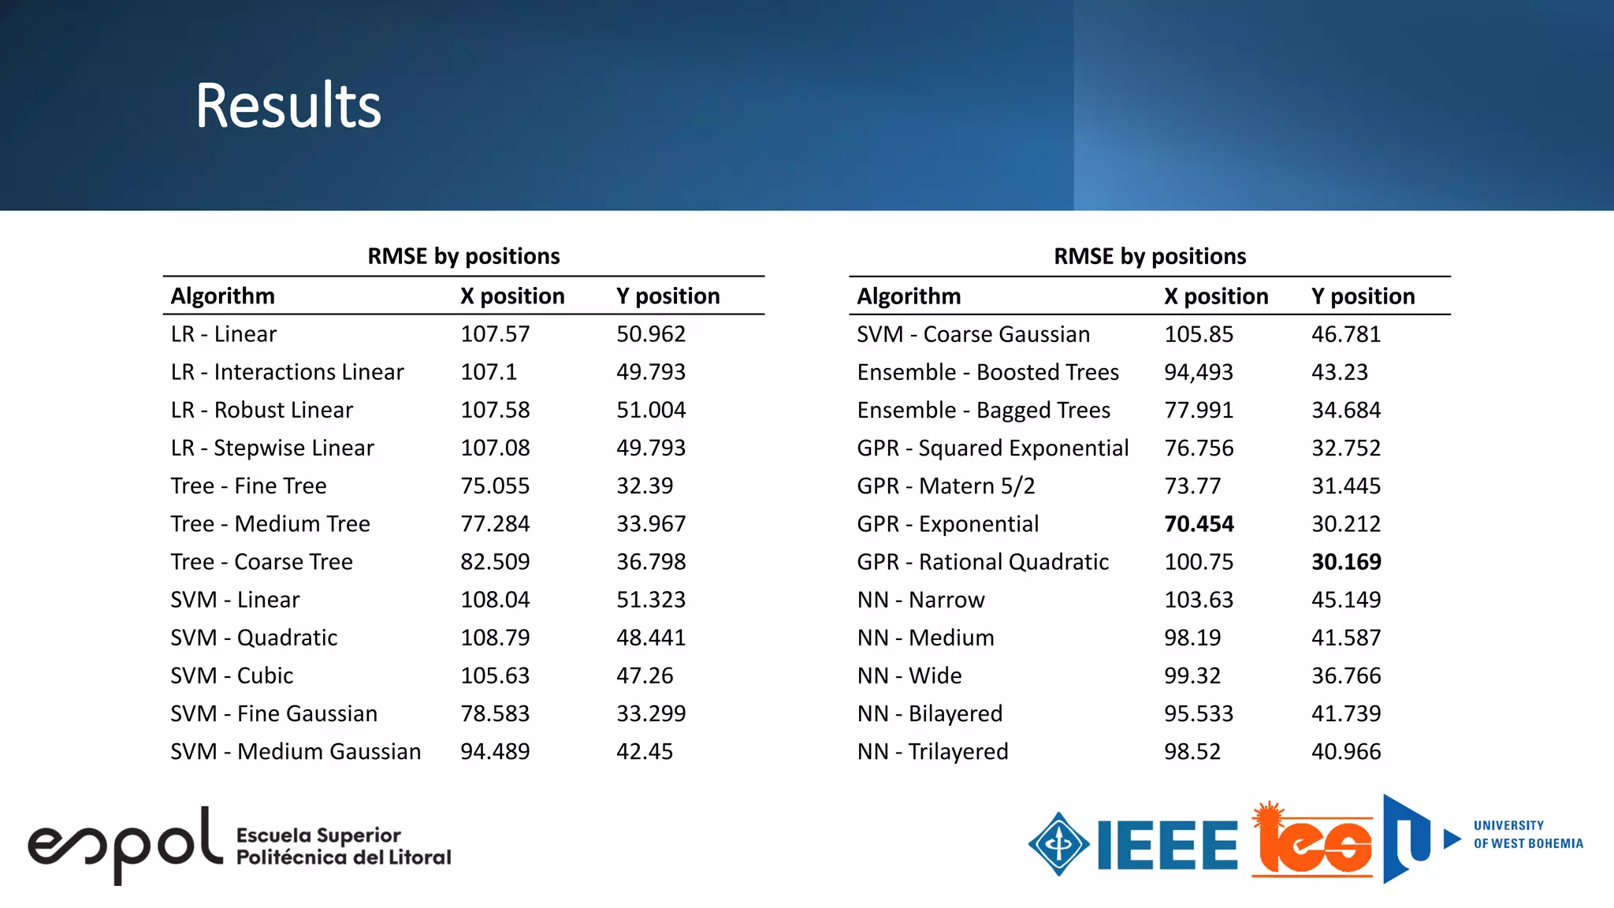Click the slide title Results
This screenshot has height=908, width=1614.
coord(288,106)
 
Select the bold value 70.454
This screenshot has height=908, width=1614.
coord(1199,524)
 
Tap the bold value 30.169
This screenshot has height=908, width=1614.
coord(1346,562)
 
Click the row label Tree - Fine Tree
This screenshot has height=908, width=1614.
coord(248,486)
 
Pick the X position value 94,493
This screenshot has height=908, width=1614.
coord(1199,372)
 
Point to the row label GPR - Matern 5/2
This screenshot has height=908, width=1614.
coord(946,486)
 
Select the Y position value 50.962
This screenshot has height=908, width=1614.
coord(651,334)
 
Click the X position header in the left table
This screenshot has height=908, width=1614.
coord(512,296)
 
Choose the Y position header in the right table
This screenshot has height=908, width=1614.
coord(1363,296)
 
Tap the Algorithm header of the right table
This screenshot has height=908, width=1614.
coord(909,296)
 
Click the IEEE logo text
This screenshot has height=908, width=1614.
coord(1167,845)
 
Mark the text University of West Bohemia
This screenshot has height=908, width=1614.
coord(1527,835)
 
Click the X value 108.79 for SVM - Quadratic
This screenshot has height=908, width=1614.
coord(495,638)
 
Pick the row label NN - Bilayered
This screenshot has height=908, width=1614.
coord(930,714)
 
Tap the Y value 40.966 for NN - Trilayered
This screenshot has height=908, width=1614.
coord(1346,752)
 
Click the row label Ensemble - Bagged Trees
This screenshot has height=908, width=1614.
coord(984,411)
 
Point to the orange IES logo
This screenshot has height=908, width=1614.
coord(1312,842)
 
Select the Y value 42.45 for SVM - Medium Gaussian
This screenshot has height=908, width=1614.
coord(645,752)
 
